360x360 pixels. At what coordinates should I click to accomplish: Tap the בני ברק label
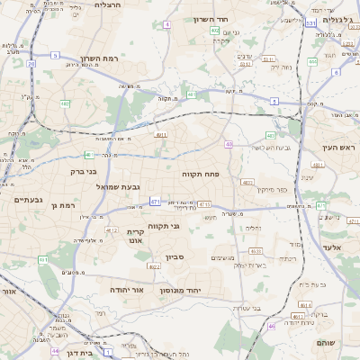click(x=83, y=170)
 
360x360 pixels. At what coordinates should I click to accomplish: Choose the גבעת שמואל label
click(x=118, y=186)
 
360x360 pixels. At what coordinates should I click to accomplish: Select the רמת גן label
click(x=67, y=206)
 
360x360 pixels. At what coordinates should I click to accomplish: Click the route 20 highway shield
click(x=31, y=64)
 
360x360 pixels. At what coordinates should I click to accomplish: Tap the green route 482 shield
click(x=65, y=103)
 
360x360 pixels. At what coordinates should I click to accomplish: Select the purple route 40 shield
click(x=229, y=144)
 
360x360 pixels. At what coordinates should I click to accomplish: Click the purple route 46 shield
click(x=272, y=326)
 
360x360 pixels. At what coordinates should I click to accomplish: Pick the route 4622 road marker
click(x=154, y=266)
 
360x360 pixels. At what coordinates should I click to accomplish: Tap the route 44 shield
click(x=55, y=351)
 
